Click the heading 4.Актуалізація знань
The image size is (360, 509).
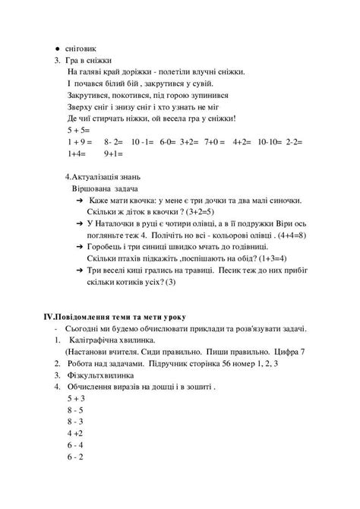pos(102,176)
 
